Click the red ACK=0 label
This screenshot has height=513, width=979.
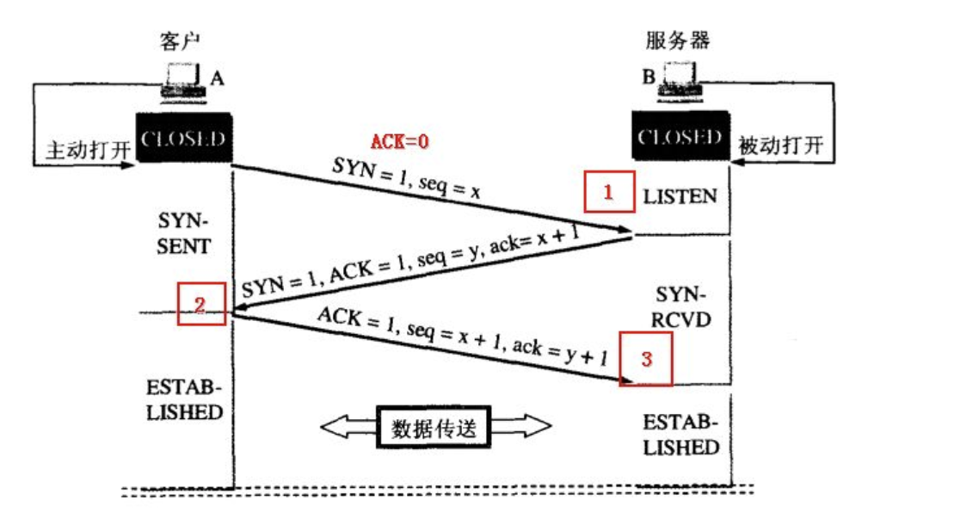[399, 141]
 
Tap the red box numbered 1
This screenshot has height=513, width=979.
[608, 192]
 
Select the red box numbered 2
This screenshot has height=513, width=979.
[201, 304]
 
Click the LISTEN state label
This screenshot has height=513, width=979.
[680, 195]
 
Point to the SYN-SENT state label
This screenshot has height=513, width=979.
[183, 233]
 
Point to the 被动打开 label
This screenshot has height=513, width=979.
[780, 146]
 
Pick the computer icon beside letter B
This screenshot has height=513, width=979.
[680, 80]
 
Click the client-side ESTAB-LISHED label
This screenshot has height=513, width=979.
[184, 399]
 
